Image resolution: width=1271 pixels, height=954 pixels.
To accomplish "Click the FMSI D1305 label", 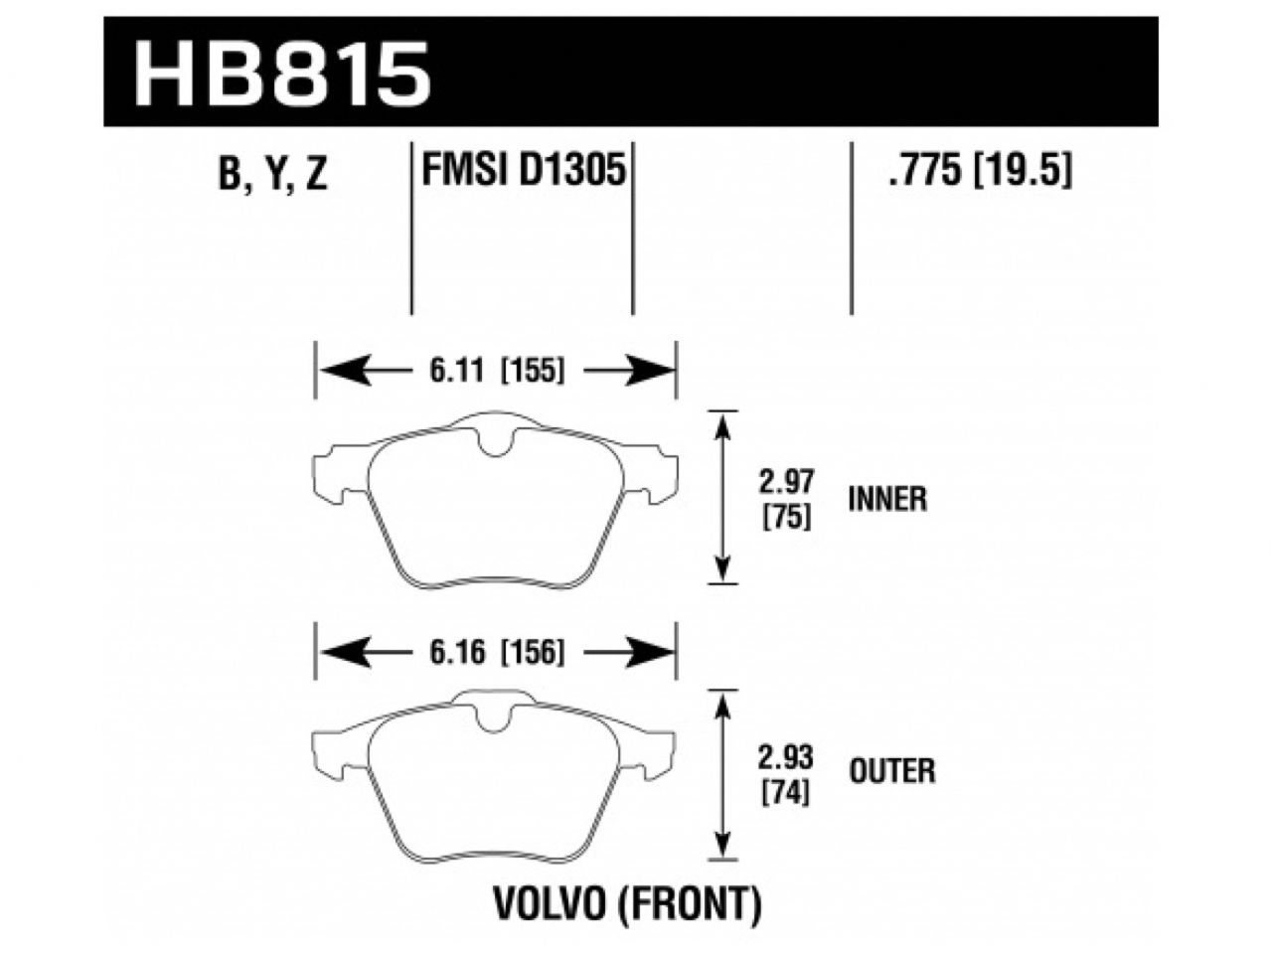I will [x=523, y=173].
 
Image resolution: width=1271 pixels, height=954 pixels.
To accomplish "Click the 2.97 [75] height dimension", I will [x=785, y=500].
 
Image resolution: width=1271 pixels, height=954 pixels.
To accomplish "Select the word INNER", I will [x=887, y=499].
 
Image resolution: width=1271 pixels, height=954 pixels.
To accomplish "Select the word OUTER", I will [x=891, y=770].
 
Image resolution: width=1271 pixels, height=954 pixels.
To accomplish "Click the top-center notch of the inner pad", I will [x=494, y=443].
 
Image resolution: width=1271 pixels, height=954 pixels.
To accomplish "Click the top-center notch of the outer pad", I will [x=494, y=721].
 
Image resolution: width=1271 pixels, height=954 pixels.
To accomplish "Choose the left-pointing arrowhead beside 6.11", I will [x=338, y=373].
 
